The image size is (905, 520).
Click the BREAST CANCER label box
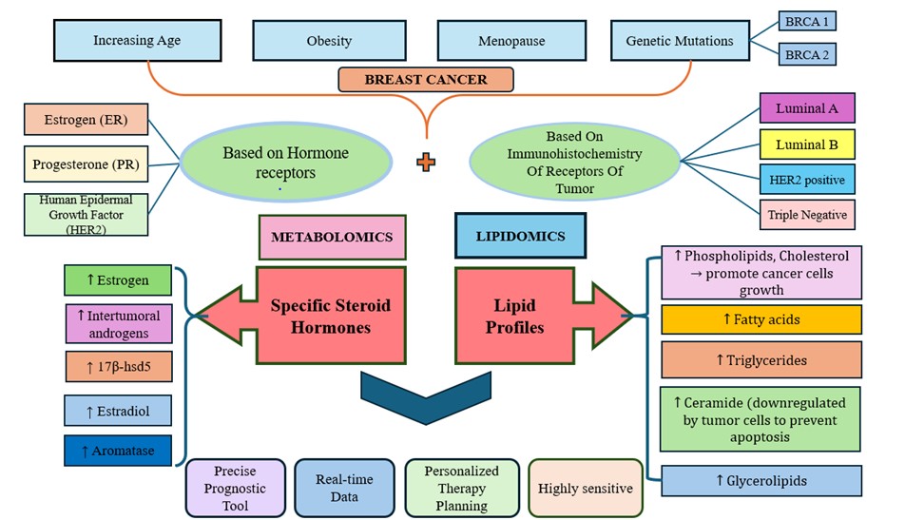(x=426, y=79)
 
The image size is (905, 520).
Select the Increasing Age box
(x=137, y=41)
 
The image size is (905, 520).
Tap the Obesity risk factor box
(x=329, y=41)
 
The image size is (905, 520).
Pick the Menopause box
(x=510, y=41)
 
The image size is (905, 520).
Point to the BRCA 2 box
(x=806, y=55)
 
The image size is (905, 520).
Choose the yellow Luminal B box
(x=807, y=144)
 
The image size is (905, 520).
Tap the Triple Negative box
(x=807, y=214)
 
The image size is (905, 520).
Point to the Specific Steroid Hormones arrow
(x=314, y=315)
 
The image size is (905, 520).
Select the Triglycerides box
(x=761, y=360)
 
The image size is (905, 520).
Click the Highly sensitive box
(x=585, y=488)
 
